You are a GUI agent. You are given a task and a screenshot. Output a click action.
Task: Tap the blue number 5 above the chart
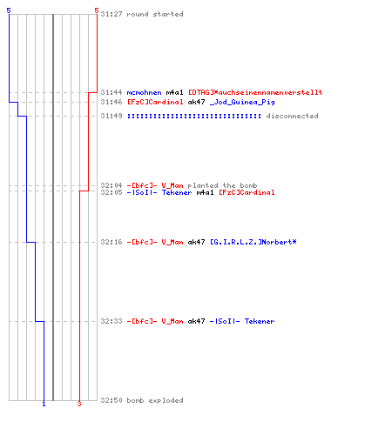(x=9, y=10)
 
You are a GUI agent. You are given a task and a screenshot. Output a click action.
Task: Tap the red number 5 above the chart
(x=97, y=10)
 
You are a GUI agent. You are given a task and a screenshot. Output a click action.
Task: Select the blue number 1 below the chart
(x=44, y=404)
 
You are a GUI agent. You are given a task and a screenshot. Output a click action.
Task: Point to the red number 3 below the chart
(x=79, y=404)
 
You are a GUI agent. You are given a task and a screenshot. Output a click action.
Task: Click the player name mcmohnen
(x=144, y=92)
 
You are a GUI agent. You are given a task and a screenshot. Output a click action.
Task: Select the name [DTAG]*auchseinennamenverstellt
(x=255, y=92)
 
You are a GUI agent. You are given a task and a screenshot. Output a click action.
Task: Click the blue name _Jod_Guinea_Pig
(x=242, y=102)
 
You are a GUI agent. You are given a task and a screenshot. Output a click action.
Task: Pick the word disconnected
(x=292, y=116)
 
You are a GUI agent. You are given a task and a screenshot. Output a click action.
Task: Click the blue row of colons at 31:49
(x=194, y=116)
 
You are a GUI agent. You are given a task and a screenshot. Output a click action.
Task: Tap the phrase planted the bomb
(x=222, y=185)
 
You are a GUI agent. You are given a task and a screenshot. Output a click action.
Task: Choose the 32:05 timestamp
(x=112, y=192)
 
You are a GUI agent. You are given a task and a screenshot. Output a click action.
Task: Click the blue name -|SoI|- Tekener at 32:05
(x=159, y=192)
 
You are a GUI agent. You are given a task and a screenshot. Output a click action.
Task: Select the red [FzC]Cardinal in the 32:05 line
(x=247, y=192)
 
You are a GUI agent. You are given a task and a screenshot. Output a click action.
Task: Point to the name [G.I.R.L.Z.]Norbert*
(x=253, y=242)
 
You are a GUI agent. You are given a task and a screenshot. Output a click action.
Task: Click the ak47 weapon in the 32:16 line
(x=196, y=242)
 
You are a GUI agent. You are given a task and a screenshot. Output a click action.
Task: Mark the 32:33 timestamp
(x=112, y=321)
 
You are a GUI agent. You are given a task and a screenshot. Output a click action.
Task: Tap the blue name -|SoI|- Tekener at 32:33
(x=242, y=321)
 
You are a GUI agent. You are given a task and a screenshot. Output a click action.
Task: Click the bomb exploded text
(x=155, y=400)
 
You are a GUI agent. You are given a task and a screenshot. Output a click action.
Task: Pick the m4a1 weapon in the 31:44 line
(x=174, y=92)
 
